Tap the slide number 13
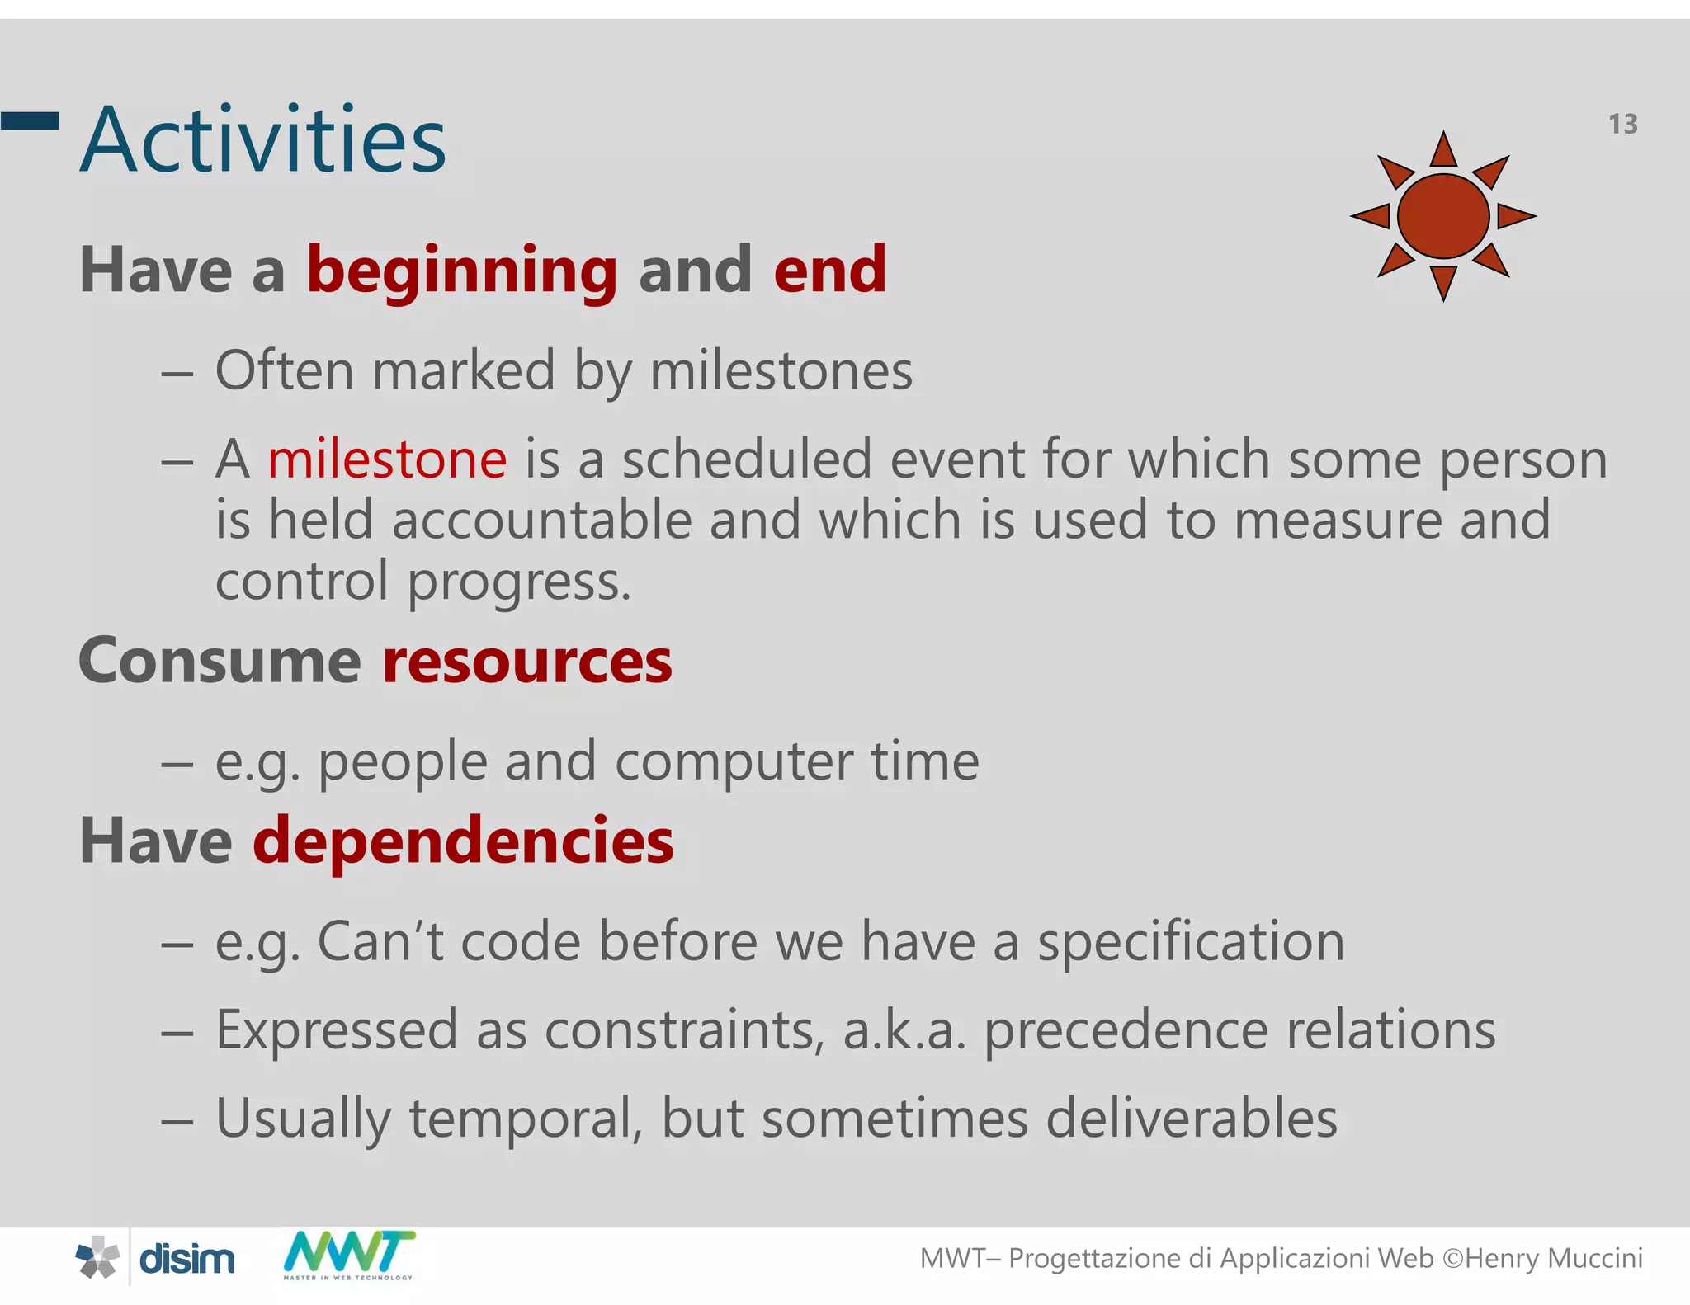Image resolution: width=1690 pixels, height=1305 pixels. (1622, 125)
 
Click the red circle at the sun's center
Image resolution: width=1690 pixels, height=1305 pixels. (1443, 216)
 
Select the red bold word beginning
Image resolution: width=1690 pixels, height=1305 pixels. (462, 271)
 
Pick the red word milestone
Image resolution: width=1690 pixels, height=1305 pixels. (387, 459)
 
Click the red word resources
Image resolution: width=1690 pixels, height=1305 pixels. (527, 662)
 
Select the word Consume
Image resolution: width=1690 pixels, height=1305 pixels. (220, 662)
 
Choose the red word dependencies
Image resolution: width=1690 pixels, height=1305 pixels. (463, 841)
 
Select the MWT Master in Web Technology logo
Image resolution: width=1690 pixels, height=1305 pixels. (349, 1255)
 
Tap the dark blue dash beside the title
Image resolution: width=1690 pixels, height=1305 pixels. (30, 121)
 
